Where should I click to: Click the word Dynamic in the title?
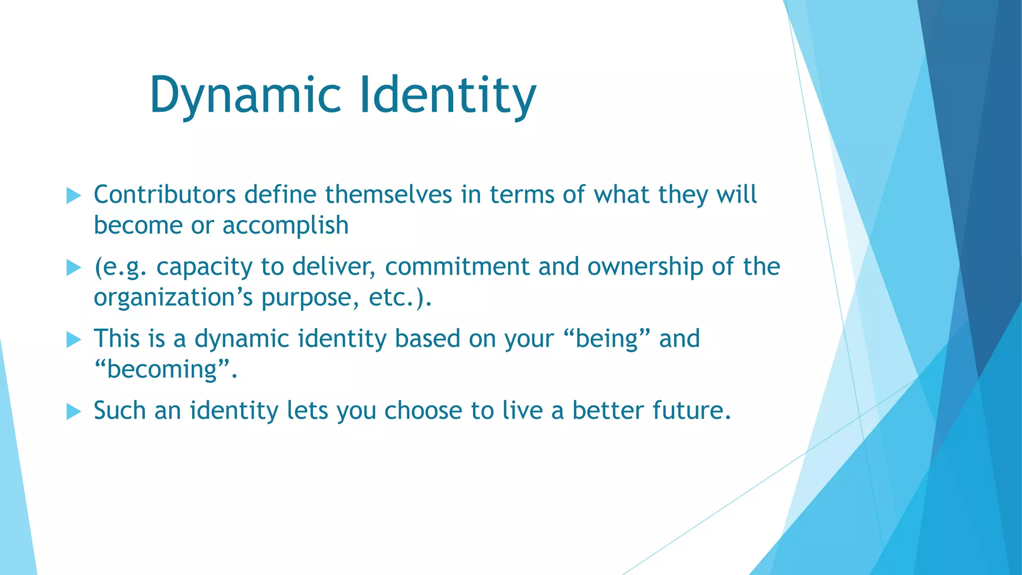245,95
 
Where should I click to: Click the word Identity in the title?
448,95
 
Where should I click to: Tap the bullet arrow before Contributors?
73,196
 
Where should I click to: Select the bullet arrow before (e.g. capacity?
73,268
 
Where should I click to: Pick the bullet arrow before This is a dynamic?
73,340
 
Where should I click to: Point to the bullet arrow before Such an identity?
73,412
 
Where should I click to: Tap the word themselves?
389,195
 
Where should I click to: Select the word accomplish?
285,226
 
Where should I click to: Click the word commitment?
457,267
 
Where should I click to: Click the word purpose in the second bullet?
309,298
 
